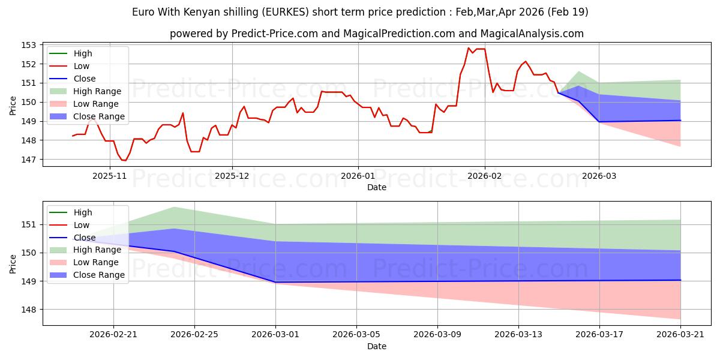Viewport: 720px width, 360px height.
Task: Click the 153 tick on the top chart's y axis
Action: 28,45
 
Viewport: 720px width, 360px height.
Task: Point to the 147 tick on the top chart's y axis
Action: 28,160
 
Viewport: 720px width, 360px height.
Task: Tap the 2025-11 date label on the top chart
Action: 110,176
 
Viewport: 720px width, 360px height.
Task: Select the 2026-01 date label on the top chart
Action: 358,176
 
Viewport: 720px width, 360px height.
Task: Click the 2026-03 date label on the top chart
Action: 599,176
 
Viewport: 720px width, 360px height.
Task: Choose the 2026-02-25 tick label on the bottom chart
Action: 194,334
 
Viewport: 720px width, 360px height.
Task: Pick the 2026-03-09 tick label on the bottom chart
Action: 437,334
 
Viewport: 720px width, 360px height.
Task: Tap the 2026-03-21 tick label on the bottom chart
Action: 680,334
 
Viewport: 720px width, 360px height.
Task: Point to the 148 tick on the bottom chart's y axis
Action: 28,310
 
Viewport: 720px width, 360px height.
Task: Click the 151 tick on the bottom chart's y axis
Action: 28,224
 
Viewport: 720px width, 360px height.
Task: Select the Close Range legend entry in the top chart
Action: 87,116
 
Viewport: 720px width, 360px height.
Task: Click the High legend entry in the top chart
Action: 71,53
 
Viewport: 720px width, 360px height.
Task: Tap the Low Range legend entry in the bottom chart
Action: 84,262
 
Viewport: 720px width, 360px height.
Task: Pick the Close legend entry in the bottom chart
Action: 73,238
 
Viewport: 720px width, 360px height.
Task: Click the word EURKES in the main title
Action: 286,12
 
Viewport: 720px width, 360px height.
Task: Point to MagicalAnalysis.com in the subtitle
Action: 532,34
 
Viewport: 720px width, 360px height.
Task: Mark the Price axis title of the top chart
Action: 13,106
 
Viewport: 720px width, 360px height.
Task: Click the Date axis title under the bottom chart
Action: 377,346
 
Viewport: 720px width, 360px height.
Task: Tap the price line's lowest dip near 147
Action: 124,160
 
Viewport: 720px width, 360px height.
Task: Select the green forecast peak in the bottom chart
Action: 174,208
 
